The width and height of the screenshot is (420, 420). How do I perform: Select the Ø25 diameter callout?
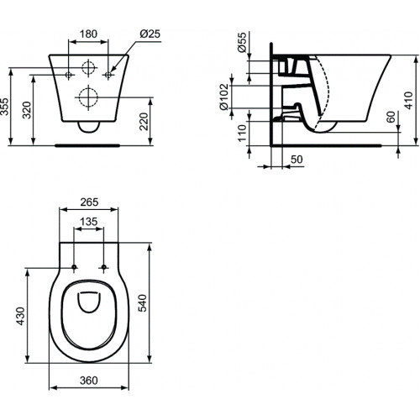pyautogui.click(x=150, y=33)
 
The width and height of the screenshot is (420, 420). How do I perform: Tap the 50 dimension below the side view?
pyautogui.click(x=296, y=158)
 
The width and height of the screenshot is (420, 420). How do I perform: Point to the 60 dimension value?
pyautogui.click(x=390, y=118)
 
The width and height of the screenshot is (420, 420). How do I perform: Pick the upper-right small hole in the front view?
pyautogui.click(x=108, y=75)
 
